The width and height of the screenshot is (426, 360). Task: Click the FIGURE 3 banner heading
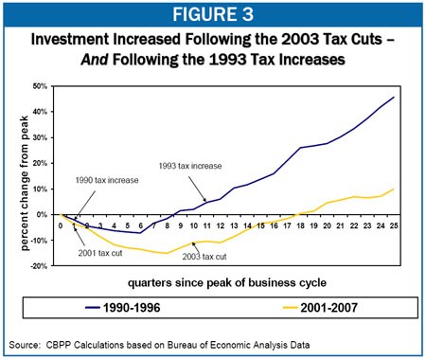(213, 14)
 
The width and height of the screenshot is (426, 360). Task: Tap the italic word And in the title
(95, 59)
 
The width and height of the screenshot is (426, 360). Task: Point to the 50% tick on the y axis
(40, 86)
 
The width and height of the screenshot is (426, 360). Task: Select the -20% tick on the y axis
(39, 266)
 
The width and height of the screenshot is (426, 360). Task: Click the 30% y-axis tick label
(40, 137)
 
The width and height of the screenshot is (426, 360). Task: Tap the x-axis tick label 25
(394, 225)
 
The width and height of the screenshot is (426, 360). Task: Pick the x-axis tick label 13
(234, 225)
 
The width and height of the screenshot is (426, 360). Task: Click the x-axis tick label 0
(61, 225)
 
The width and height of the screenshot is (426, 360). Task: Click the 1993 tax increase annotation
(190, 166)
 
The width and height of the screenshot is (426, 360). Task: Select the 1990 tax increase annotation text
(107, 180)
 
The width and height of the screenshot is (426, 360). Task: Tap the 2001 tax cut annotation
(100, 253)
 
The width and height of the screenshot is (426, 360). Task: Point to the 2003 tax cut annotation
(204, 257)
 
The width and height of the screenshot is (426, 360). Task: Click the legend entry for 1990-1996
(123, 307)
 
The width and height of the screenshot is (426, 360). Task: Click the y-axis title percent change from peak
(25, 184)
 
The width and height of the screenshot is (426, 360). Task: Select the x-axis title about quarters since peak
(227, 282)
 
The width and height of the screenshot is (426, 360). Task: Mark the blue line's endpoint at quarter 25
(394, 97)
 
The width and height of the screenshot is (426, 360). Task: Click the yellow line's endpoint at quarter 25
(394, 189)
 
